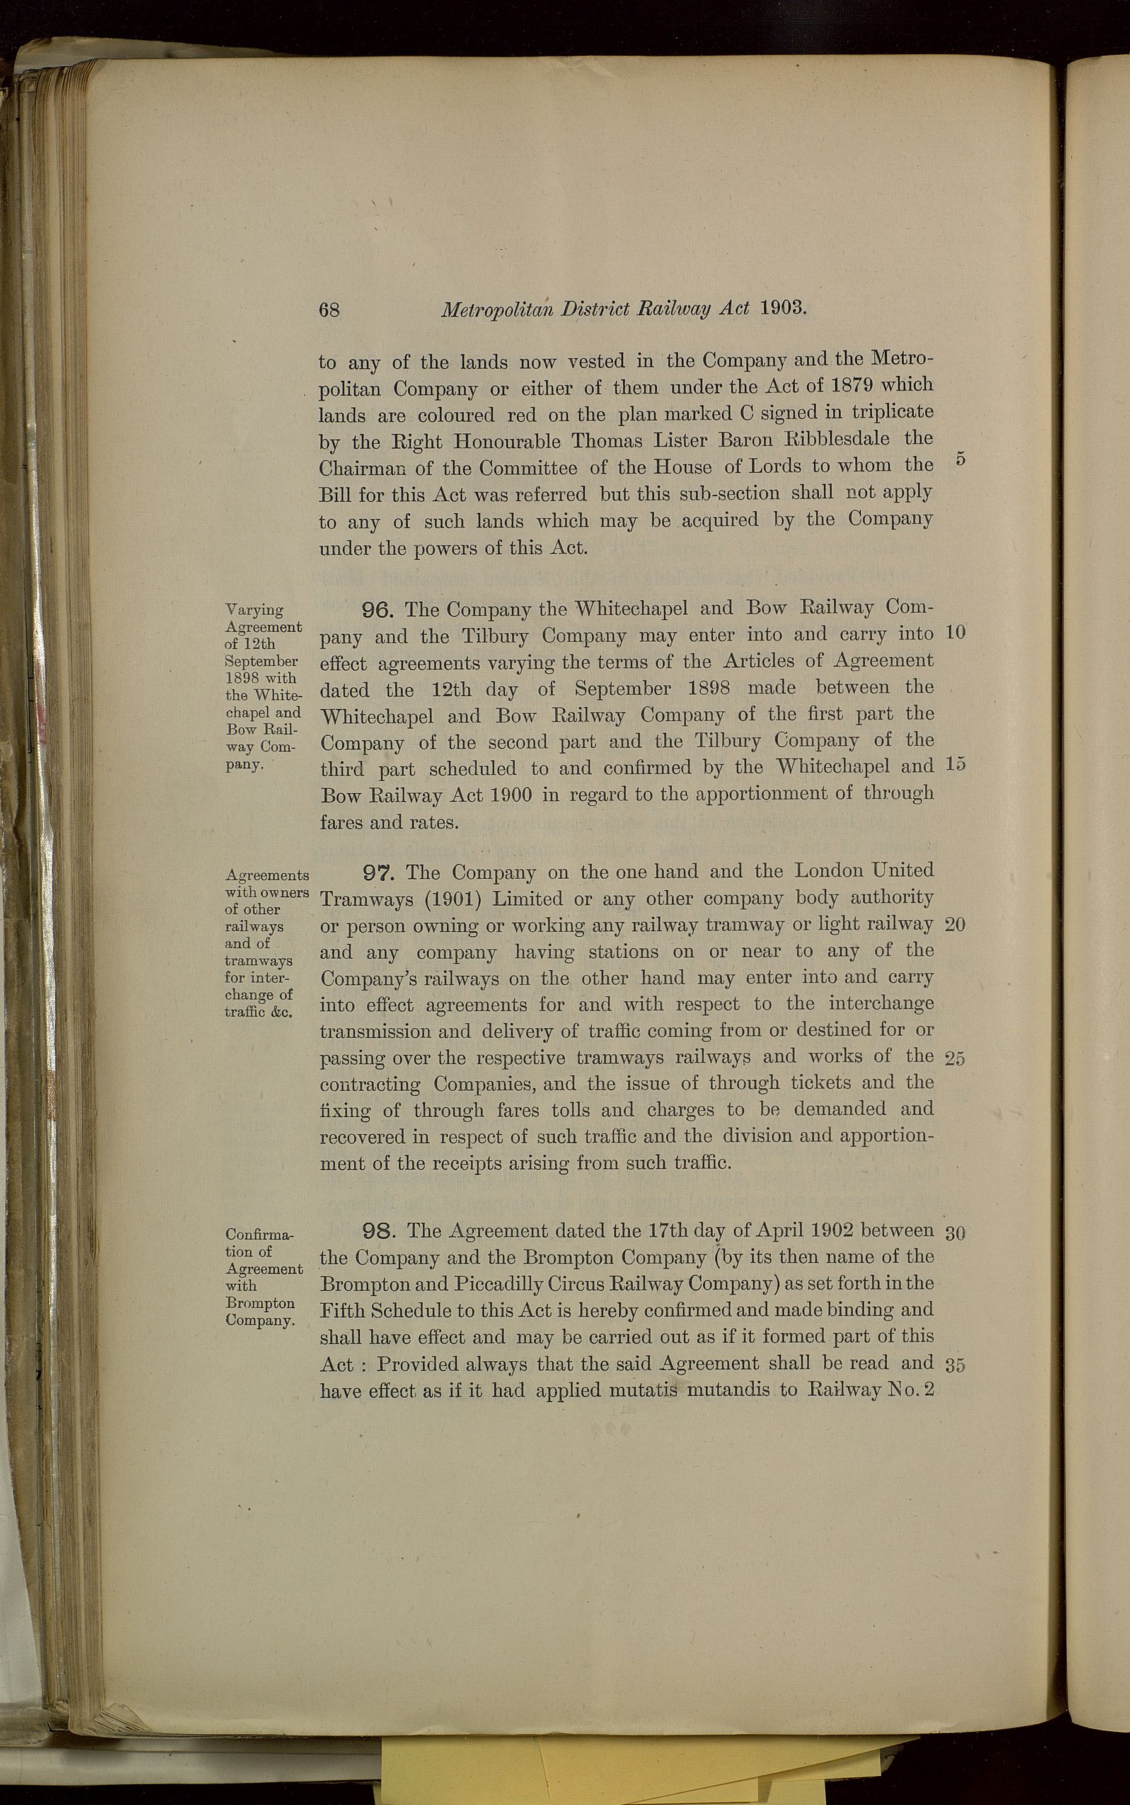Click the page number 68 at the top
[329, 310]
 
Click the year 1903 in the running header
[783, 308]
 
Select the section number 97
[381, 872]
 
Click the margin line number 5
[960, 460]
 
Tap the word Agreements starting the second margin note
[267, 875]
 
